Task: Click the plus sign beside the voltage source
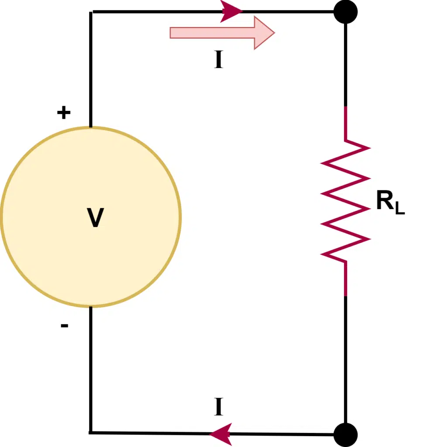coord(64,113)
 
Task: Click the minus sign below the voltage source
coord(64,326)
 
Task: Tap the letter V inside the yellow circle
coord(95,218)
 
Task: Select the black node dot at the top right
coord(345,12)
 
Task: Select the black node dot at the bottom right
coord(345,434)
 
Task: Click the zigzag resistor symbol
coord(346,201)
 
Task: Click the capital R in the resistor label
coord(384,201)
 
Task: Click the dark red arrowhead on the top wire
coord(230,11)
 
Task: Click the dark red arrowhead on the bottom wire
coord(221,434)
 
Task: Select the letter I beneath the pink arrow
coord(219,61)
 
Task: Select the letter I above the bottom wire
coord(219,407)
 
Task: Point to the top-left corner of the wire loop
coord(91,12)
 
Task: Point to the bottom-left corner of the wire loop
coord(91,433)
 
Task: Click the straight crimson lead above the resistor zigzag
coord(346,123)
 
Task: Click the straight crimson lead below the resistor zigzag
coord(346,279)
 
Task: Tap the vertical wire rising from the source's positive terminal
coord(91,70)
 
